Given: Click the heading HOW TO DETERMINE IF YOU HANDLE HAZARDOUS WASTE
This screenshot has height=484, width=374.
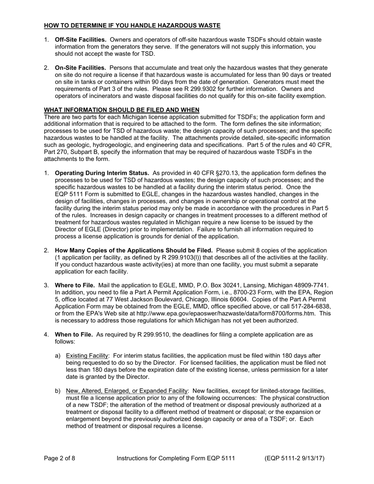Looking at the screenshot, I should pos(132,26).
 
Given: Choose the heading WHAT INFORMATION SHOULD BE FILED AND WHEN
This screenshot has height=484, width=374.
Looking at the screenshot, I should pos(122,110).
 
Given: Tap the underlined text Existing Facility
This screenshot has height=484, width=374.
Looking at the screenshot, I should pos(87,356).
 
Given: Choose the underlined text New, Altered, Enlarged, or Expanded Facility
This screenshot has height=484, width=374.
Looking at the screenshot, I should pos(127,391).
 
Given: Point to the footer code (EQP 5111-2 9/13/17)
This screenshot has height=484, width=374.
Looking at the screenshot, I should pos(294,458).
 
